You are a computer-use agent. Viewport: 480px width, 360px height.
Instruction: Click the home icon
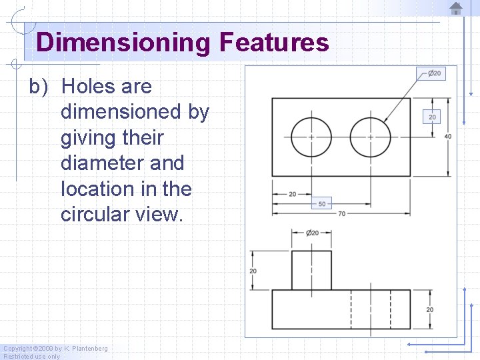click(455, 8)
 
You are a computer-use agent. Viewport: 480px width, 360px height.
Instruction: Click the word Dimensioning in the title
click(123, 43)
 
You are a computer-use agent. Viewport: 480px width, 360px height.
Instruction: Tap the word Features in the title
click(273, 43)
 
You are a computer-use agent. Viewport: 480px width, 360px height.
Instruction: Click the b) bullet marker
click(39, 87)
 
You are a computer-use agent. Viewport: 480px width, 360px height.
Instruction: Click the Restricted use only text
click(32, 357)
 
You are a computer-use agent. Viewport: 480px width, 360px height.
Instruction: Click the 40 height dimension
click(447, 137)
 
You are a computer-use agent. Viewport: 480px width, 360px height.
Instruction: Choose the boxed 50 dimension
click(322, 203)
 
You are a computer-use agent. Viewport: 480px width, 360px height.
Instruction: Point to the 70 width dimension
click(342, 214)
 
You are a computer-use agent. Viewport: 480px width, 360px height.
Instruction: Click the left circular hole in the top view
click(311, 137)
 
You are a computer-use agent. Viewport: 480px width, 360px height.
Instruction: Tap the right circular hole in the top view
click(370, 137)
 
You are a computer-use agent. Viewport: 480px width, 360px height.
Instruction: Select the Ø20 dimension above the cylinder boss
click(311, 233)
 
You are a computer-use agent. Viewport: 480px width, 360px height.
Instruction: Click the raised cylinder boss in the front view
click(311, 270)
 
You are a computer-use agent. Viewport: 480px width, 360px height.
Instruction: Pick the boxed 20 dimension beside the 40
click(432, 117)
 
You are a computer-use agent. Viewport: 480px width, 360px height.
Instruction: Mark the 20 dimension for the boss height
click(253, 271)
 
